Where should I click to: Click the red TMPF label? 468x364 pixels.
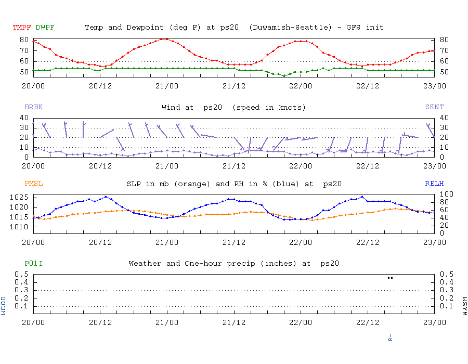tap(22, 27)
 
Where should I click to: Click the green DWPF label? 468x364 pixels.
tap(45, 27)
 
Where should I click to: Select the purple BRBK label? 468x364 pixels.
tap(33, 107)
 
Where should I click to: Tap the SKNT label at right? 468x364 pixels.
tap(434, 107)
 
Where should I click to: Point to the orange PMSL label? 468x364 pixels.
tap(33, 184)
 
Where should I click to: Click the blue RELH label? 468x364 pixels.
tap(434, 184)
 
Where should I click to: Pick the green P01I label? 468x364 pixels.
tap(33, 264)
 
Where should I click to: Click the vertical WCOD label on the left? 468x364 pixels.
tap(4, 305)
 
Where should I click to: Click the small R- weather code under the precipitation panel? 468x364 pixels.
tap(390, 337)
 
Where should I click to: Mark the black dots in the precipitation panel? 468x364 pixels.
tap(390, 278)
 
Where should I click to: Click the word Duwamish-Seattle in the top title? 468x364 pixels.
tap(290, 27)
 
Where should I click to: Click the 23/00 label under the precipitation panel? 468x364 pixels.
tap(434, 322)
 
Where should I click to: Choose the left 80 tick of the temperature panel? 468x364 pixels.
tap(24, 40)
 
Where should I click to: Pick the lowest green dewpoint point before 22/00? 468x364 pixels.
tap(284, 76)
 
